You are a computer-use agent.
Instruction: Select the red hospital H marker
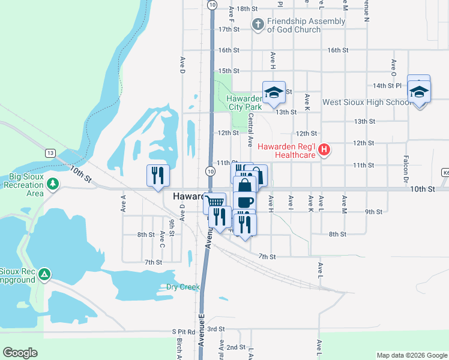pyautogui.click(x=325, y=149)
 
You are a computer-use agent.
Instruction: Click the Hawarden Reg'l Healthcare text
pyautogui.click(x=287, y=151)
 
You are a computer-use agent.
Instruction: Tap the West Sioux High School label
pyautogui.click(x=366, y=102)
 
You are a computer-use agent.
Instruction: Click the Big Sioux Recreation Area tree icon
pyautogui.click(x=53, y=183)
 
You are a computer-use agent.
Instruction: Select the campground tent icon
pyautogui.click(x=44, y=275)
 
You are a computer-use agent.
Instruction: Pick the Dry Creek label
pyautogui.click(x=182, y=287)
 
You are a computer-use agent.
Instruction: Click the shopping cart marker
pyautogui.click(x=214, y=201)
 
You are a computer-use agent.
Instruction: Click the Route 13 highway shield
pyautogui.click(x=50, y=154)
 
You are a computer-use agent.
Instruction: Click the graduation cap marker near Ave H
pyautogui.click(x=274, y=92)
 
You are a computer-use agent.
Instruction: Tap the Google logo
pyautogui.click(x=20, y=352)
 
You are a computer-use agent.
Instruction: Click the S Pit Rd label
pyautogui.click(x=184, y=331)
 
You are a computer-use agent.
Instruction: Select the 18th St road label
pyautogui.click(x=247, y=9)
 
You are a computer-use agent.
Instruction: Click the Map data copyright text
pyautogui.click(x=412, y=355)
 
